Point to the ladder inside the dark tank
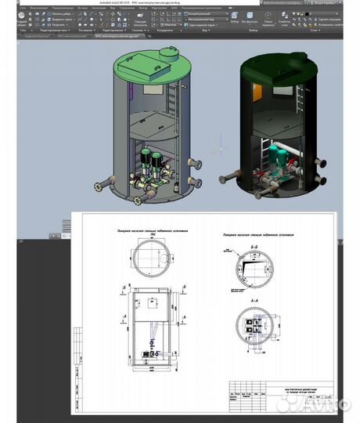click(301, 99)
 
